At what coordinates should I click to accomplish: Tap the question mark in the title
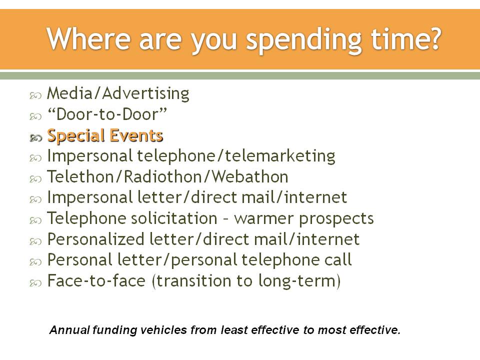434,38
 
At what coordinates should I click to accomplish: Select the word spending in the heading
304,41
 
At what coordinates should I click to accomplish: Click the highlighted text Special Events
105,135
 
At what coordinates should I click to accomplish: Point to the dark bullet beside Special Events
35,138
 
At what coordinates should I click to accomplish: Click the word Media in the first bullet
69,93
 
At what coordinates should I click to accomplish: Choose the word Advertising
146,93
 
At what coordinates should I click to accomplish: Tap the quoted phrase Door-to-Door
107,114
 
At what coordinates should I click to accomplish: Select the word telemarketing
280,156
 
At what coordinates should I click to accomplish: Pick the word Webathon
250,177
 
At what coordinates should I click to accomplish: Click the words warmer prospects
304,219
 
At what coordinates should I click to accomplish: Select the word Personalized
96,239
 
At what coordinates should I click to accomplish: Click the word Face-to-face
96,280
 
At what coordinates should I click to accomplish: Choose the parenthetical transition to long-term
246,281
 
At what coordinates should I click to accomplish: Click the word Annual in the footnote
70,330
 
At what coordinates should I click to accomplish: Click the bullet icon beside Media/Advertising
35,96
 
